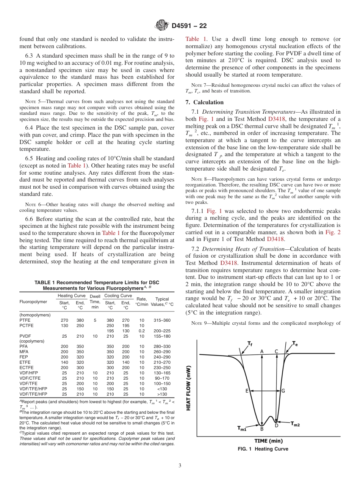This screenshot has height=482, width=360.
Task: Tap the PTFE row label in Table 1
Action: pos(25,320)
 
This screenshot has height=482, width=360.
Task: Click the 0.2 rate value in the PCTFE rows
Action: pos(141,331)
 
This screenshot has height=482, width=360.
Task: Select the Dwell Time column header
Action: pos(95,302)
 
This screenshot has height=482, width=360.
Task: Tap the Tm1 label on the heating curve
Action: pos(242,429)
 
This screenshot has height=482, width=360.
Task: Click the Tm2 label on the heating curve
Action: pos(295,424)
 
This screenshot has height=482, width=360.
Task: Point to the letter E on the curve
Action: pos(247,391)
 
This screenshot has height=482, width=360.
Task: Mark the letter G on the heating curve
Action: pos(283,391)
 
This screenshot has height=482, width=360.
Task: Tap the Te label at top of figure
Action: pos(295,343)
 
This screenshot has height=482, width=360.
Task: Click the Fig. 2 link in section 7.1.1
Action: pos(333,232)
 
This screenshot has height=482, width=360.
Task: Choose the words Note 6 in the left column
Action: pos(32,205)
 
